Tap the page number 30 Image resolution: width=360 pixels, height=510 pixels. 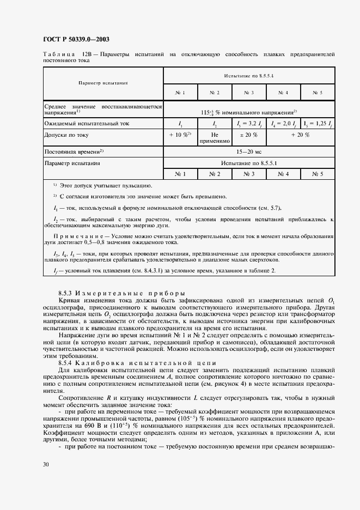[46, 464]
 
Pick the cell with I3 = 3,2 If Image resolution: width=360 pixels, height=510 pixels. [249, 124]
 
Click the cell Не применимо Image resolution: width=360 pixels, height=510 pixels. [215, 138]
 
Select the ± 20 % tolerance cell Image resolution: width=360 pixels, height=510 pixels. [249, 135]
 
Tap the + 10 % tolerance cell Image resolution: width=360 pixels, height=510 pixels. [180, 135]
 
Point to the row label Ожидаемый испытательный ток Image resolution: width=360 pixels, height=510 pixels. [87, 124]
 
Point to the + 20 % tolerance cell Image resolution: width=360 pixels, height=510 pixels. [300, 135]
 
